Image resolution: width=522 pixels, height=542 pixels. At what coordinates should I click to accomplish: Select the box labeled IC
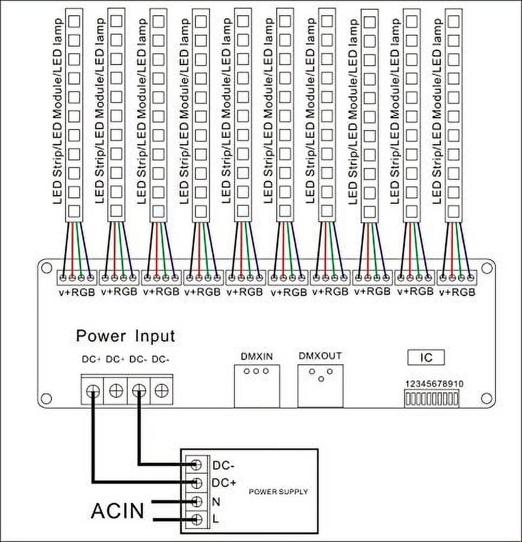coord(427,358)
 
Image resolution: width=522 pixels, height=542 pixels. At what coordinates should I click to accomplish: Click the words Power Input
coord(126,336)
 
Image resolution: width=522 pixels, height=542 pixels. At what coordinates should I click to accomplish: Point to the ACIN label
coord(118,510)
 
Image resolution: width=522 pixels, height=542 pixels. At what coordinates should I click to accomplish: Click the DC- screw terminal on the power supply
coord(197,464)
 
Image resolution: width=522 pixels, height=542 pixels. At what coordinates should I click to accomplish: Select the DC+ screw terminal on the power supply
coord(197,482)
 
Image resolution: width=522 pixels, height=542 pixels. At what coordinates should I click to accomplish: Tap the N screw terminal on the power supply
coord(197,501)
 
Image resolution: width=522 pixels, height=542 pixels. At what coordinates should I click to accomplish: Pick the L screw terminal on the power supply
coord(197,519)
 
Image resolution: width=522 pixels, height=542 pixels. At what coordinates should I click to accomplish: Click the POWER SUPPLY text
coord(278,492)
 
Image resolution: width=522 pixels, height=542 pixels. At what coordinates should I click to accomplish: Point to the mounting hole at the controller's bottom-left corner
coord(46,401)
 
